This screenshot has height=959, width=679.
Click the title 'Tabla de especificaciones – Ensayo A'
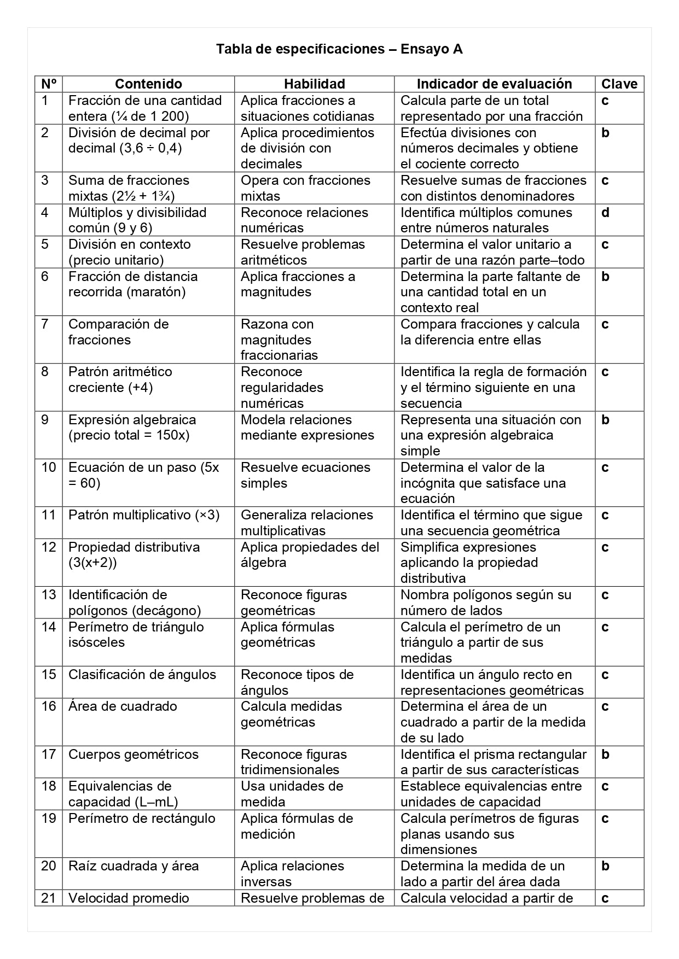tap(339, 49)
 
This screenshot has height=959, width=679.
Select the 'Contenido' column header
tap(148, 84)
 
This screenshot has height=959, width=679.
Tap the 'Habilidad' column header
tap(314, 84)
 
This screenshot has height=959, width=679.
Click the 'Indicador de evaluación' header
tap(494, 84)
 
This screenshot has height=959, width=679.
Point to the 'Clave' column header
tap(619, 84)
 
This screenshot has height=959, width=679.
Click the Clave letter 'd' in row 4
tap(605, 213)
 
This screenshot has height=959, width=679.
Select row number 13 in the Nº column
tap(49, 595)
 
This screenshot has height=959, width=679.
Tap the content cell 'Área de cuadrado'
tap(123, 706)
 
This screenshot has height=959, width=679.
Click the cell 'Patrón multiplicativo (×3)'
tap(144, 515)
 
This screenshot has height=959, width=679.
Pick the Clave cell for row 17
tap(605, 755)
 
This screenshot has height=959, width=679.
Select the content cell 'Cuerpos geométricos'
tap(134, 755)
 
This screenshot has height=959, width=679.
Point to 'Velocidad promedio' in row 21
tap(129, 898)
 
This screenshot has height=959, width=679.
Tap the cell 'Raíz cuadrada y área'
tap(134, 866)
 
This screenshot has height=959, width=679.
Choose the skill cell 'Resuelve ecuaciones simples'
tap(305, 475)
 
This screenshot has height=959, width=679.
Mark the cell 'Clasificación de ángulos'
tap(142, 675)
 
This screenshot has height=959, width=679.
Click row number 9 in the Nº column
tap(45, 420)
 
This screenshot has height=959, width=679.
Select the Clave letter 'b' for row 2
tap(605, 133)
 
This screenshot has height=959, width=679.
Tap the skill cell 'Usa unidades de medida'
tap(292, 794)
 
